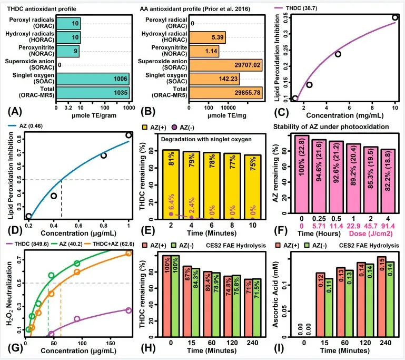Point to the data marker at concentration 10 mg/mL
pyautogui.click(x=394, y=17)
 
